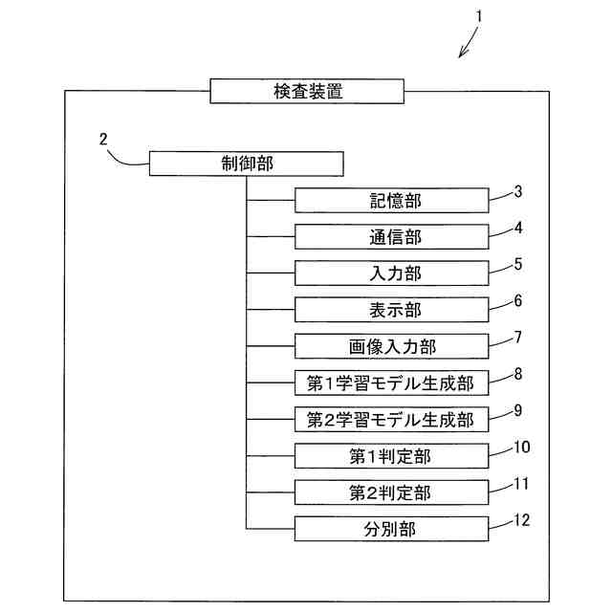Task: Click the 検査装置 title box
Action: coord(307,92)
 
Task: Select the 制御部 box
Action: coord(247,164)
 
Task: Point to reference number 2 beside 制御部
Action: coord(103,139)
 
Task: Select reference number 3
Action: coord(517,190)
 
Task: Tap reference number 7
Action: coord(517,337)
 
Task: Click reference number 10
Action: coord(521,447)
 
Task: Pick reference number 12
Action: coord(521,519)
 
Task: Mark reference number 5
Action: coord(517,263)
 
